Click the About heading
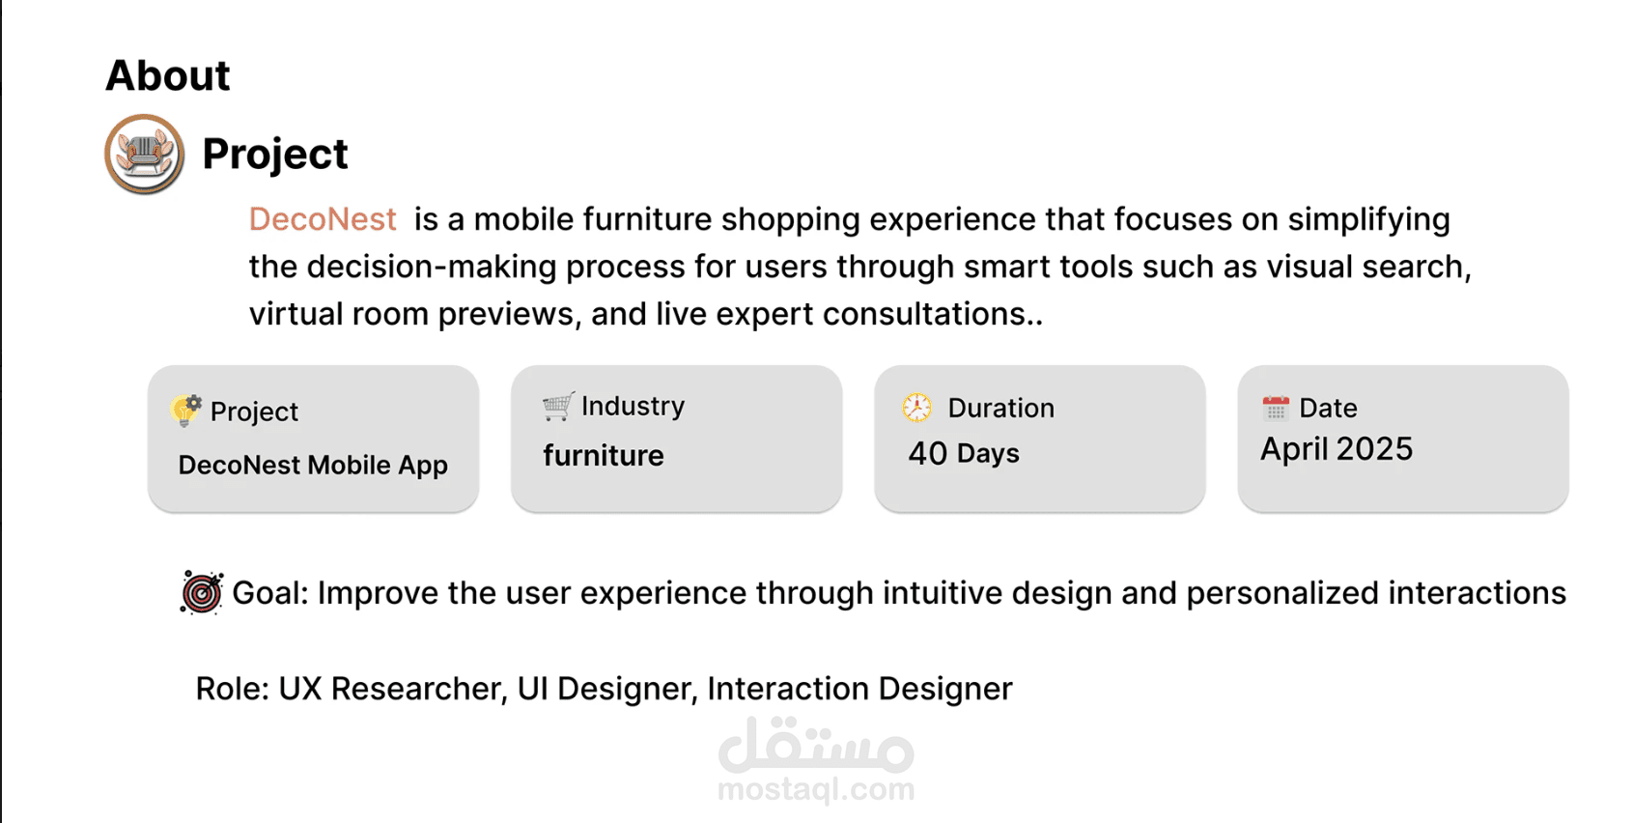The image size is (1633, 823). (168, 75)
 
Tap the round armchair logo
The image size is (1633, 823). (144, 154)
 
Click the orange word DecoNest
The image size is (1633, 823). (323, 218)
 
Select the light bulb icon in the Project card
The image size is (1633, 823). (186, 411)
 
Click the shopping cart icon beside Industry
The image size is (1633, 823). (558, 406)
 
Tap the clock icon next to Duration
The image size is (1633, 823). (916, 408)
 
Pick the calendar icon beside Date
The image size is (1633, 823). (1275, 408)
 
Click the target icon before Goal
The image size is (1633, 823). (202, 593)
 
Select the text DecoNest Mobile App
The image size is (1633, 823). (313, 465)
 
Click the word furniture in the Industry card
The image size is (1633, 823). (604, 456)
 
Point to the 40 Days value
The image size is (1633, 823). (963, 453)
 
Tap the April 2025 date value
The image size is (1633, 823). (1337, 449)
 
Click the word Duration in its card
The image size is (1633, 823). (1000, 409)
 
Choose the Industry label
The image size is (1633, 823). (633, 406)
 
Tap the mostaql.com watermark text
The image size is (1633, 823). (816, 789)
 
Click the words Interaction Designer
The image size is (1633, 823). (859, 689)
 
